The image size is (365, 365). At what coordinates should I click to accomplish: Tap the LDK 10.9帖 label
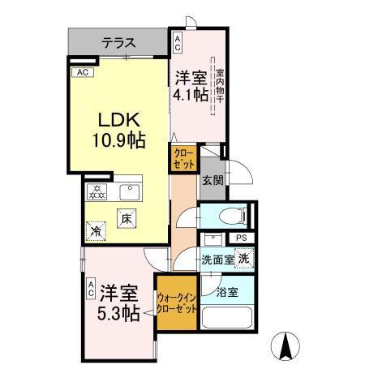(118, 130)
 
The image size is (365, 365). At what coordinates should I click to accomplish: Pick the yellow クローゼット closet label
(182, 157)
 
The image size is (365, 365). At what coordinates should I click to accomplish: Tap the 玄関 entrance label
(213, 181)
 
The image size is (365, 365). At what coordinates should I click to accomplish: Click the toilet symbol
(236, 215)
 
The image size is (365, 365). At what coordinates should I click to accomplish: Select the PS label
(242, 237)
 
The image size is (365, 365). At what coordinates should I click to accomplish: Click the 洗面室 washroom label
(217, 260)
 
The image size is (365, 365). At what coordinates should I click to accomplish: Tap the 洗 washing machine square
(245, 259)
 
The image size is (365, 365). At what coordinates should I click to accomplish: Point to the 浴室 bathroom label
(226, 290)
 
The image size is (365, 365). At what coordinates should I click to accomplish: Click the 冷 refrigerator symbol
(97, 231)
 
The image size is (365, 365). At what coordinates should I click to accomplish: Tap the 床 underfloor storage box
(127, 217)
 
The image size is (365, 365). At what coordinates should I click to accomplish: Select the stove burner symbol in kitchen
(97, 191)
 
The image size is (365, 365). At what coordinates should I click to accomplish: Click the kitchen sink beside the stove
(128, 191)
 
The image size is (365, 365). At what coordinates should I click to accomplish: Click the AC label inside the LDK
(81, 72)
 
